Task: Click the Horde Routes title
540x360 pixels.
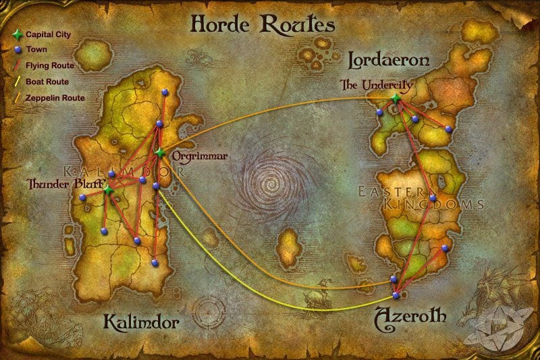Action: (263, 24)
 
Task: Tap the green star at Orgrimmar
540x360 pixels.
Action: (160, 153)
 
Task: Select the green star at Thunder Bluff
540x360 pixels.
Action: (107, 191)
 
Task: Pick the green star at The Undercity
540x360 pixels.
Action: (396, 99)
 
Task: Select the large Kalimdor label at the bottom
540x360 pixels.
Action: (141, 322)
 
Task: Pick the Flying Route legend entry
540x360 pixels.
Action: (49, 66)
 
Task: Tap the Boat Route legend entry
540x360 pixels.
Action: (47, 82)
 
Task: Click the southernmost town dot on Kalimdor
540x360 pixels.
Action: (155, 263)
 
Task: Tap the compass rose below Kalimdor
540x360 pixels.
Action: (209, 312)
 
